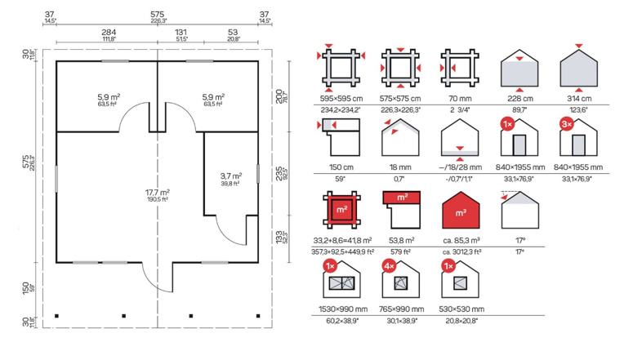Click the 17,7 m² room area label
[158, 193]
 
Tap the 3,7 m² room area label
[231, 176]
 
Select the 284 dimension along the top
[109, 33]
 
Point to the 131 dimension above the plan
[181, 33]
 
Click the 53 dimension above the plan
[233, 33]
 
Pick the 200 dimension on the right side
[279, 96]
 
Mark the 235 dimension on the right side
[279, 174]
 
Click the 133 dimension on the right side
[279, 238]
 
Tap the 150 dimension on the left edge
[25, 288]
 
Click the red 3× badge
[567, 124]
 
